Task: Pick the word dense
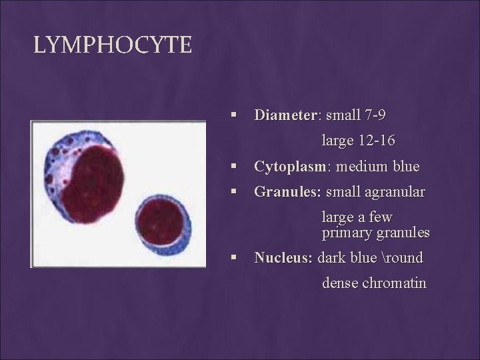tap(340, 283)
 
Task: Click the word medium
tap(360, 166)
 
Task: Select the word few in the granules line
tap(399, 217)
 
